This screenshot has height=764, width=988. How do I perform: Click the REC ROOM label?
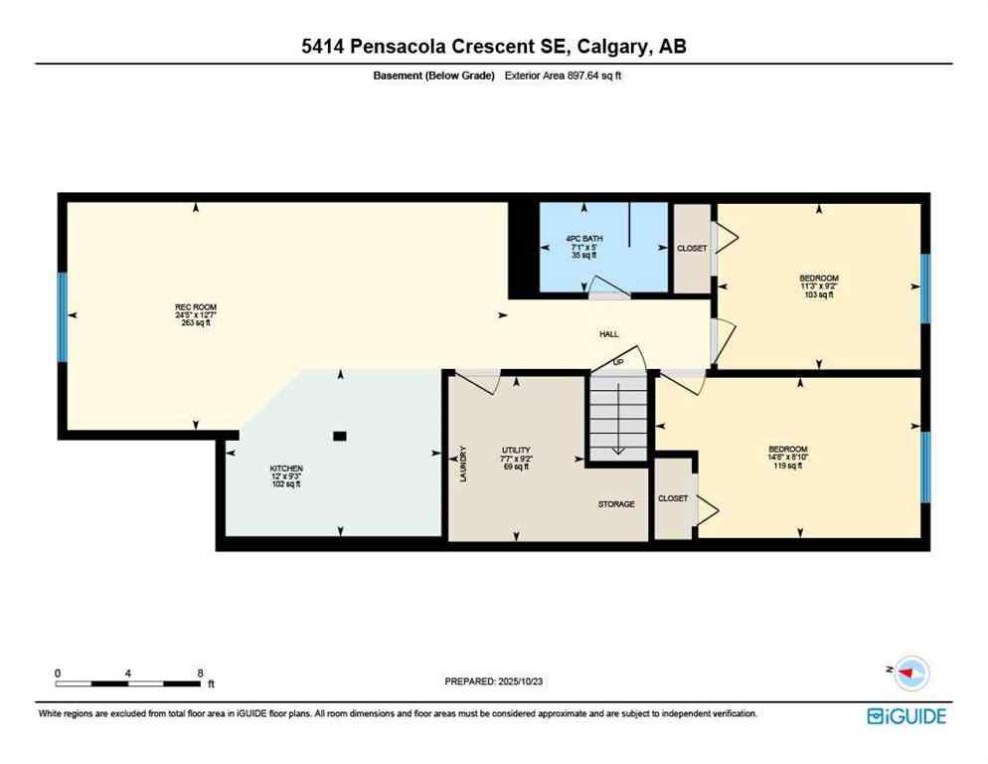tap(196, 306)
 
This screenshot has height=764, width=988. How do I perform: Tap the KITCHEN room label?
tap(286, 469)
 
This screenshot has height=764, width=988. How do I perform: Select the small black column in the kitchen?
tap(340, 436)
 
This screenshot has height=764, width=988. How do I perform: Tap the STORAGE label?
tap(616, 504)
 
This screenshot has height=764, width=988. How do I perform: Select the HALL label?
tap(608, 334)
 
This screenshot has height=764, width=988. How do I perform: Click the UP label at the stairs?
tap(618, 362)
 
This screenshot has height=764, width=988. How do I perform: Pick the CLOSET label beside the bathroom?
tap(692, 249)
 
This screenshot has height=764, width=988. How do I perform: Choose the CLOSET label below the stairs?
tap(673, 498)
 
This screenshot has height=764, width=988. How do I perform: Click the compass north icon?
tap(908, 673)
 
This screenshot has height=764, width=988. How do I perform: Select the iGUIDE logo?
tap(906, 716)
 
